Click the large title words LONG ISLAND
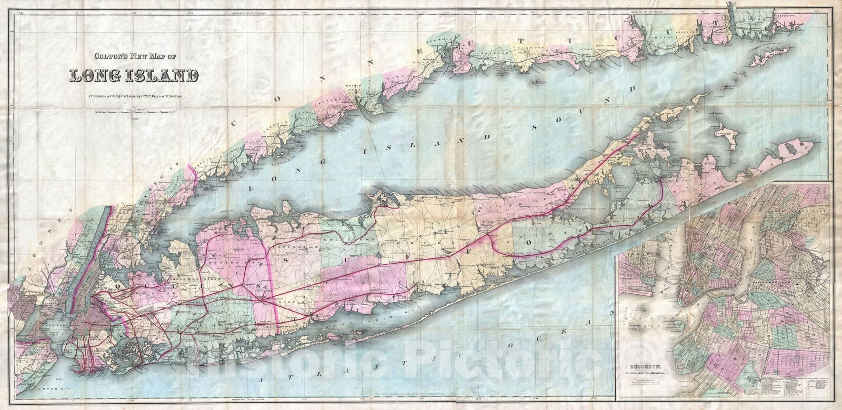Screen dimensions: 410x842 click(134, 75)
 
